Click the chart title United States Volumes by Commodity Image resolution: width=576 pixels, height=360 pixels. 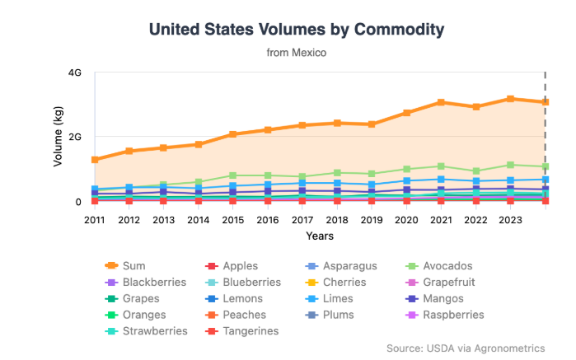296,30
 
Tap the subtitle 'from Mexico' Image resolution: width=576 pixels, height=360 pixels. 296,53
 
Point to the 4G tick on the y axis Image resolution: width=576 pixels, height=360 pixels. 74,72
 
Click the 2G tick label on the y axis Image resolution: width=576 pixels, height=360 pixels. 74,137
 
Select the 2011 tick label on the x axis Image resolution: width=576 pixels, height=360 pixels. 95,219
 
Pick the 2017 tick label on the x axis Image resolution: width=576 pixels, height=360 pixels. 302,219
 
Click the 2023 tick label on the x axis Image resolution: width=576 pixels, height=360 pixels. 511,219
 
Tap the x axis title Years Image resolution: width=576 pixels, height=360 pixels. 320,236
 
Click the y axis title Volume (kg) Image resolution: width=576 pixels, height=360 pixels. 59,137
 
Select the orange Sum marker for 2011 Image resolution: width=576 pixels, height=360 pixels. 95,160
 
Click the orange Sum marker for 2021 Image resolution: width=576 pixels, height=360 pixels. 442,102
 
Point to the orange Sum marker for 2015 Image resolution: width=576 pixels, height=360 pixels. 233,134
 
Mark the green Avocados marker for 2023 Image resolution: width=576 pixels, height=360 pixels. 511,165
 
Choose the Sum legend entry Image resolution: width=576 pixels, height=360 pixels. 133,266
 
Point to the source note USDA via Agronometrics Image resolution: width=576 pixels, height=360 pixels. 466,348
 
